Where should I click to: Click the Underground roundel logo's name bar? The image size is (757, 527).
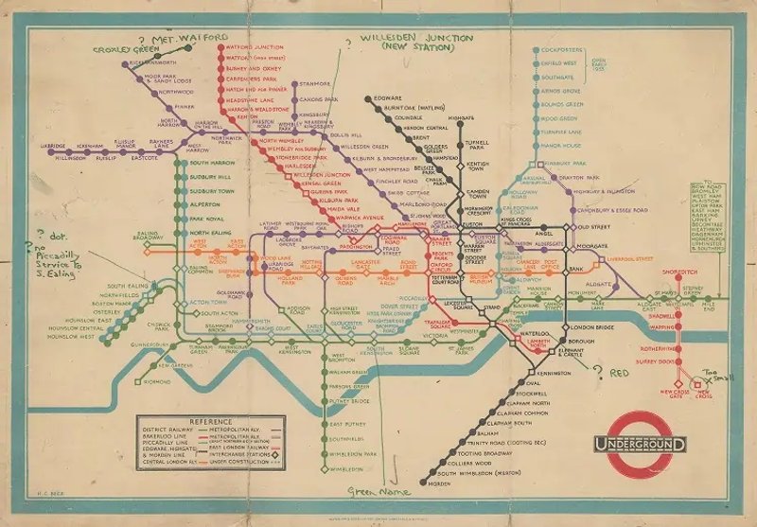tap(641, 443)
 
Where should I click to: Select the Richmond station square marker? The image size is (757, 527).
tap(142, 381)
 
